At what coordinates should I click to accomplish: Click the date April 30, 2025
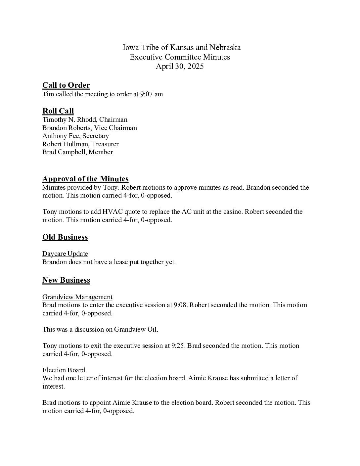click(x=180, y=67)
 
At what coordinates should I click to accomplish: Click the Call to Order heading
click(x=66, y=85)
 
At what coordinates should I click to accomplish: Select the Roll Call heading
click(x=58, y=111)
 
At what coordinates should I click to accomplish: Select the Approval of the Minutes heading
click(x=85, y=179)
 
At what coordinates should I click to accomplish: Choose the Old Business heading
click(x=65, y=237)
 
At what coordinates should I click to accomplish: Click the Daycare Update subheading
click(x=65, y=254)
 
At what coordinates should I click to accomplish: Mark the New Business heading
click(x=66, y=280)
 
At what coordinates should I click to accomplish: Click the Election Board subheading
click(x=64, y=370)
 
